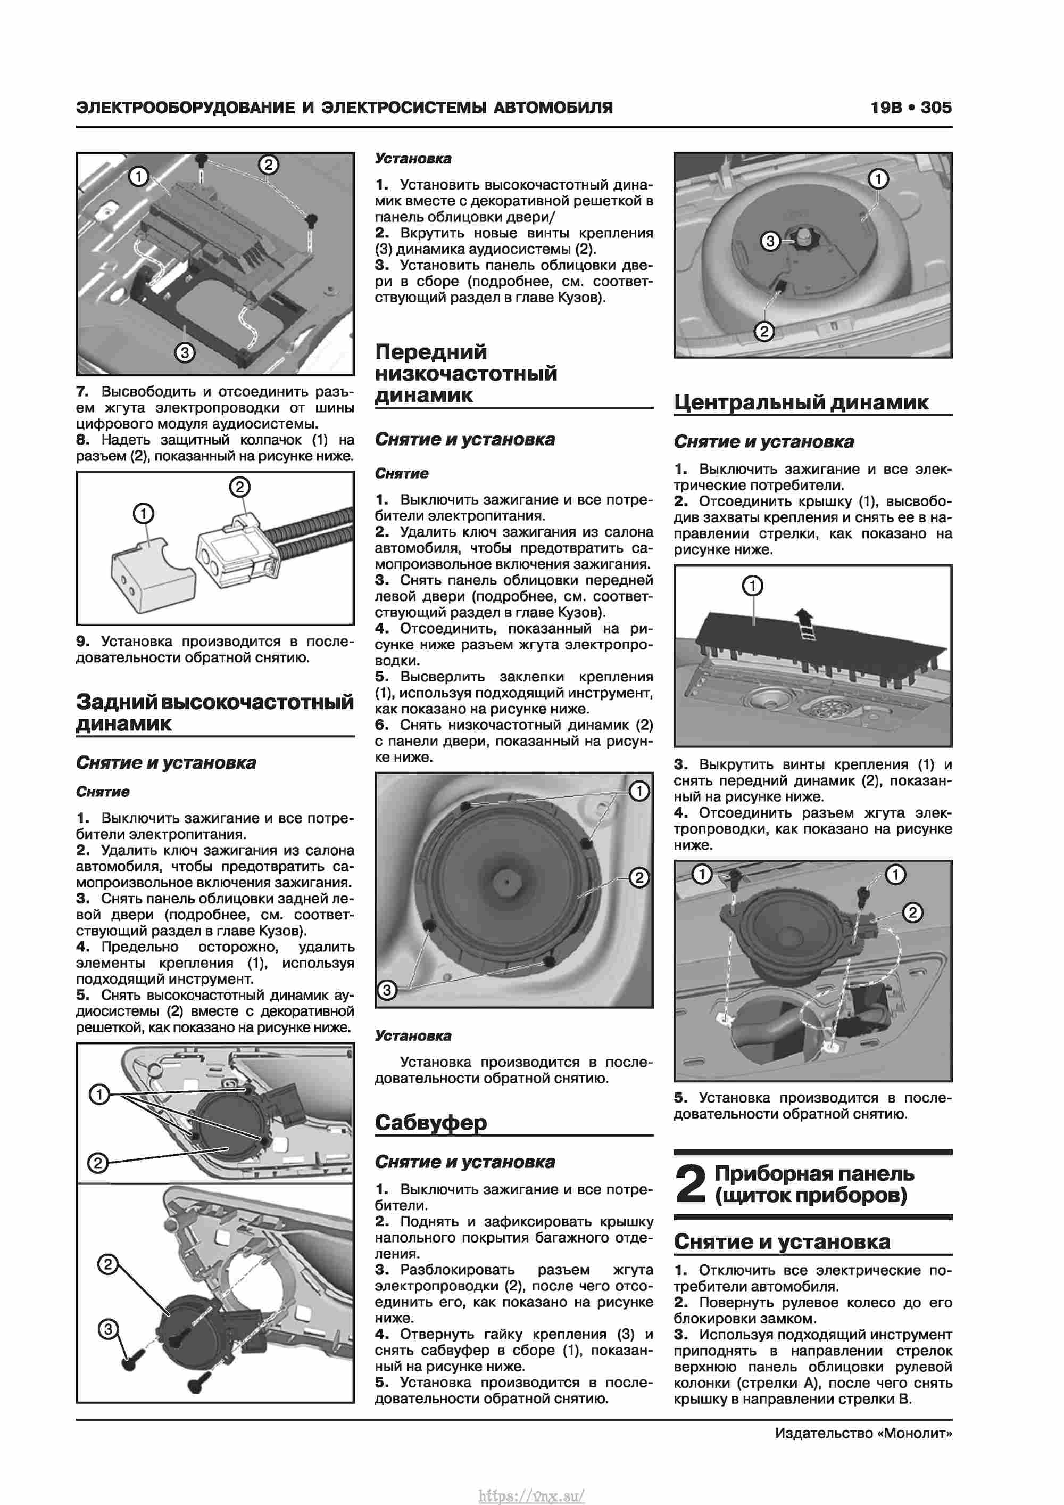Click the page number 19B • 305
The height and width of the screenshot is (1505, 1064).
click(910, 108)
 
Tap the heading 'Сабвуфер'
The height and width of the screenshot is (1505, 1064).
click(430, 1122)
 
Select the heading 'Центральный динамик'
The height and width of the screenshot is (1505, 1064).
click(801, 402)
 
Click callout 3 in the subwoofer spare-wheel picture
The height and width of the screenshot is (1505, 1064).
click(770, 241)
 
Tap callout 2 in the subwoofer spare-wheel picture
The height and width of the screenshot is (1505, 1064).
click(764, 331)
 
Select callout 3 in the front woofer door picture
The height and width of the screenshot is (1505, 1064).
click(387, 990)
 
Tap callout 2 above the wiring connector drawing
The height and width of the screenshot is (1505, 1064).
click(239, 487)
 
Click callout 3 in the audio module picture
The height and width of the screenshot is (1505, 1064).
click(185, 352)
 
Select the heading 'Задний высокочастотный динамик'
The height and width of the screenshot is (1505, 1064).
click(214, 712)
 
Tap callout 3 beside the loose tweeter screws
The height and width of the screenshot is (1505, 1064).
click(108, 1329)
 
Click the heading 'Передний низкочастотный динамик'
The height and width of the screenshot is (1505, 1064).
click(466, 373)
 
